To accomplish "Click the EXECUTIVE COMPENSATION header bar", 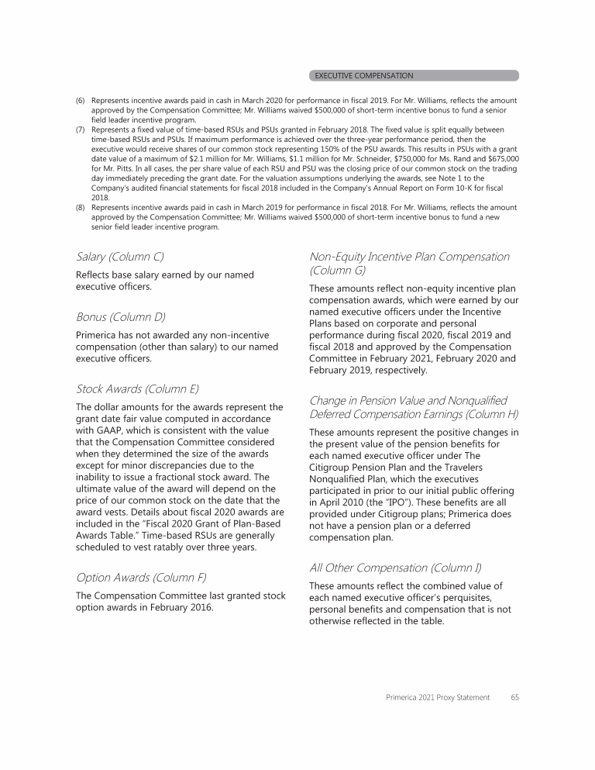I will pyautogui.click(x=414, y=75).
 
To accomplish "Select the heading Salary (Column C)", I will pyautogui.click(x=119, y=256).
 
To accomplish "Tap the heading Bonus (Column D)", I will pyautogui.click(x=119, y=317).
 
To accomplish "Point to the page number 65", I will pyautogui.click(x=514, y=697).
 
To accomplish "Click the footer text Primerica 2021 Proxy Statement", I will pyautogui.click(x=438, y=697).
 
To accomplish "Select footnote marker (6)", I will pyautogui.click(x=81, y=101).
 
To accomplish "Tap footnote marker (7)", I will pyautogui.click(x=81, y=129).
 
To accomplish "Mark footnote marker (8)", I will pyautogui.click(x=81, y=208).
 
